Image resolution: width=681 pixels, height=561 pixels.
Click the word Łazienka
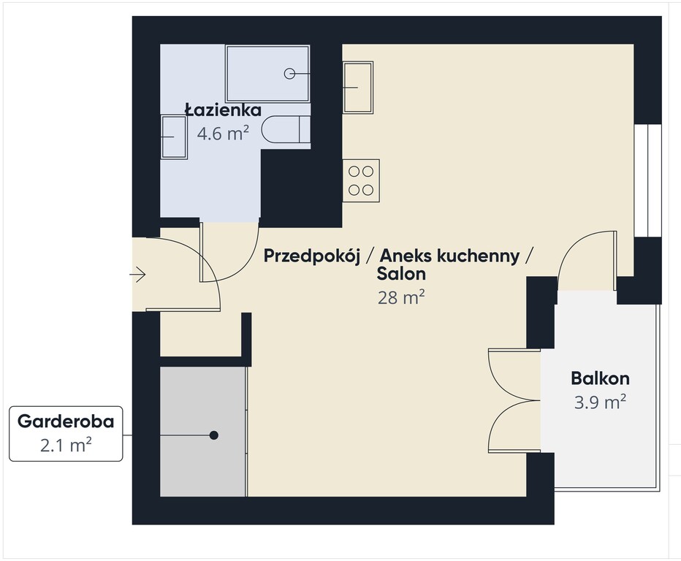[224, 110]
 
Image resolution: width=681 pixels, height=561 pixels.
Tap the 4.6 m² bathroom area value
[223, 133]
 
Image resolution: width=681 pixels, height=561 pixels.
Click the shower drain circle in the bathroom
[289, 74]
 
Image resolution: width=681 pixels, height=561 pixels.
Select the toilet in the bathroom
[286, 129]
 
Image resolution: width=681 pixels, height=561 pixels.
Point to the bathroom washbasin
[174, 137]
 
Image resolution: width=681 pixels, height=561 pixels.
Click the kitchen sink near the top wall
[358, 87]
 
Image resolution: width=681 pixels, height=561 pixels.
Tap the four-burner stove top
[361, 180]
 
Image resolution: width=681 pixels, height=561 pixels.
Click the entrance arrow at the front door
[137, 275]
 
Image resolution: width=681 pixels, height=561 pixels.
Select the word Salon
[401, 273]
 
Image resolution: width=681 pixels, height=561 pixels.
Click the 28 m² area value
[401, 298]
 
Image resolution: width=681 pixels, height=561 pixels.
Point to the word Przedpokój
[312, 256]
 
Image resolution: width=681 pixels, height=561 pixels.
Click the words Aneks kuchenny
[449, 256]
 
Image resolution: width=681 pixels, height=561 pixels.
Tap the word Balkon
[600, 378]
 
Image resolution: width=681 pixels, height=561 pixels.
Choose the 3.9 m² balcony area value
[600, 402]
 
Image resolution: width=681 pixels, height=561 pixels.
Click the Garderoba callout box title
[66, 421]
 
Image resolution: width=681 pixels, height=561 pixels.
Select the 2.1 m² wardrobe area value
[66, 445]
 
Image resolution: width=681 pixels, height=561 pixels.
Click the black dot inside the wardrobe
[213, 435]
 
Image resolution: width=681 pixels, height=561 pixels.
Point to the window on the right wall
[647, 180]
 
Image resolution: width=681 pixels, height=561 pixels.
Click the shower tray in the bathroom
[267, 74]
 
